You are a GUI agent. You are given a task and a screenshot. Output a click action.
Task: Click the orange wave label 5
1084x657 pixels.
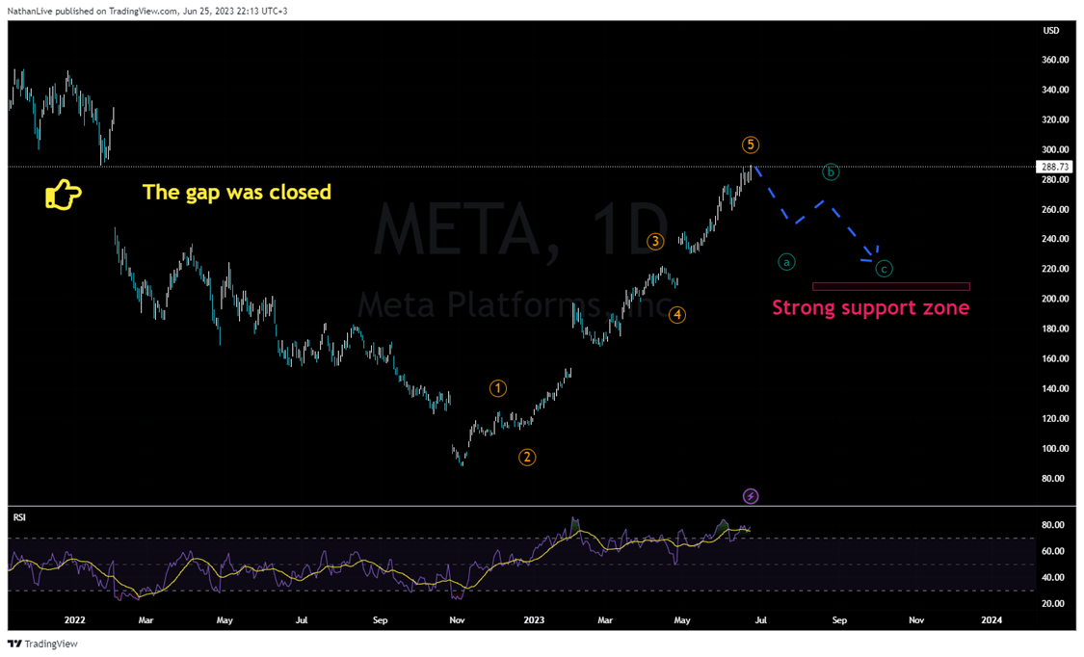[751, 145]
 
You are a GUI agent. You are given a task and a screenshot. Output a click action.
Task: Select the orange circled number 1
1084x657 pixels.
[498, 388]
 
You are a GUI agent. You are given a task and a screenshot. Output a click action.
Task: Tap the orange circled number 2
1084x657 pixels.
[527, 457]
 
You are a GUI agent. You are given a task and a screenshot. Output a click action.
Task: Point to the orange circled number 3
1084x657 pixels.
[655, 242]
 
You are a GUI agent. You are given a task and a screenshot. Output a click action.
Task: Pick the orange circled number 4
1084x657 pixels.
[678, 314]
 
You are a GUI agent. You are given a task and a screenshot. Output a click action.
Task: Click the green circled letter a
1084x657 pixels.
[787, 261]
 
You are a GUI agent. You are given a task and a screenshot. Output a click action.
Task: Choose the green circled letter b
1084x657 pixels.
[831, 172]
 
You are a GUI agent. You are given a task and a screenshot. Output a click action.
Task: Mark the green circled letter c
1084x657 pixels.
[884, 269]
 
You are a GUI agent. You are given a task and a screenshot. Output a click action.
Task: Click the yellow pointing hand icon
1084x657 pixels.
[64, 195]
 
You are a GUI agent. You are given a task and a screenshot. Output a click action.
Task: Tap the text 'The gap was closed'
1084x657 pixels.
[237, 192]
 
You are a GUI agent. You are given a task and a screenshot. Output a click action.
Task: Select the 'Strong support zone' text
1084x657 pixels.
[870, 308]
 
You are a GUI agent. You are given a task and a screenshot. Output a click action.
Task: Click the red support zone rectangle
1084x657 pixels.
[890, 286]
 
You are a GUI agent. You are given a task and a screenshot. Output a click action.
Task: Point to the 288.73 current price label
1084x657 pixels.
[1051, 167]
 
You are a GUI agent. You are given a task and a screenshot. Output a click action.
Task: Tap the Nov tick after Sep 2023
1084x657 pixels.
[915, 620]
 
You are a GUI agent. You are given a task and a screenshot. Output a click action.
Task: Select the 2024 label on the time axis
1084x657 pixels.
[990, 620]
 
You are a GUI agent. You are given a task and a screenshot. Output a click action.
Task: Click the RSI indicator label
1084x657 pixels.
[19, 517]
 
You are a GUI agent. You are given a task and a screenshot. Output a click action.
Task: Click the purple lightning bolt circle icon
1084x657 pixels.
[751, 496]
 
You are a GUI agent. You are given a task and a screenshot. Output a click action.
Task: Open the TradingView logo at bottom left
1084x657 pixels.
[43, 644]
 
